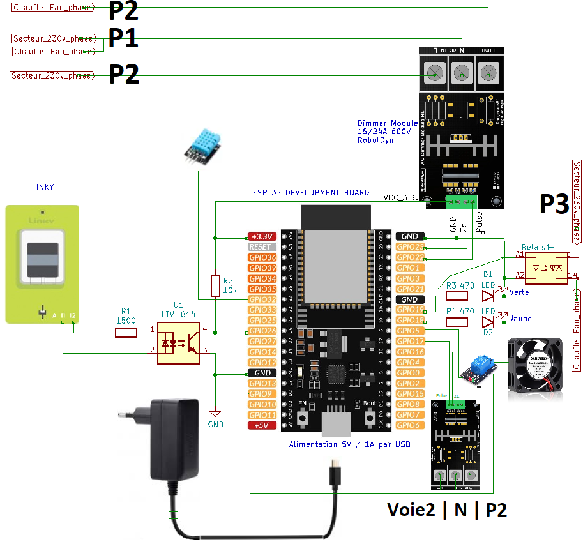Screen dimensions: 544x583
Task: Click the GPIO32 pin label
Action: pyautogui.click(x=262, y=299)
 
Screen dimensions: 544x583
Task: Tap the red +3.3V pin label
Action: pyautogui.click(x=262, y=236)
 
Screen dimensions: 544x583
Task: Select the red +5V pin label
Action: pyautogui.click(x=262, y=425)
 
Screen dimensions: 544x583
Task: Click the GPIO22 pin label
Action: pyautogui.click(x=410, y=257)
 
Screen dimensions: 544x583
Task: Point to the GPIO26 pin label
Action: pyautogui.click(x=262, y=331)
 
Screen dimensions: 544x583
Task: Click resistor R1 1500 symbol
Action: pyautogui.click(x=126, y=332)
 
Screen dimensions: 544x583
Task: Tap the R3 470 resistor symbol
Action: pyautogui.click(x=457, y=296)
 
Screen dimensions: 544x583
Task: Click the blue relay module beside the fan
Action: pyautogui.click(x=478, y=370)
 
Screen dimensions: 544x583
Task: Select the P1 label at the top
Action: pyautogui.click(x=123, y=38)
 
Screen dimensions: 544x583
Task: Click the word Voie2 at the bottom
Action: pyautogui.click(x=411, y=510)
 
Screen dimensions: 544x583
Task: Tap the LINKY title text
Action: pyautogui.click(x=43, y=187)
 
